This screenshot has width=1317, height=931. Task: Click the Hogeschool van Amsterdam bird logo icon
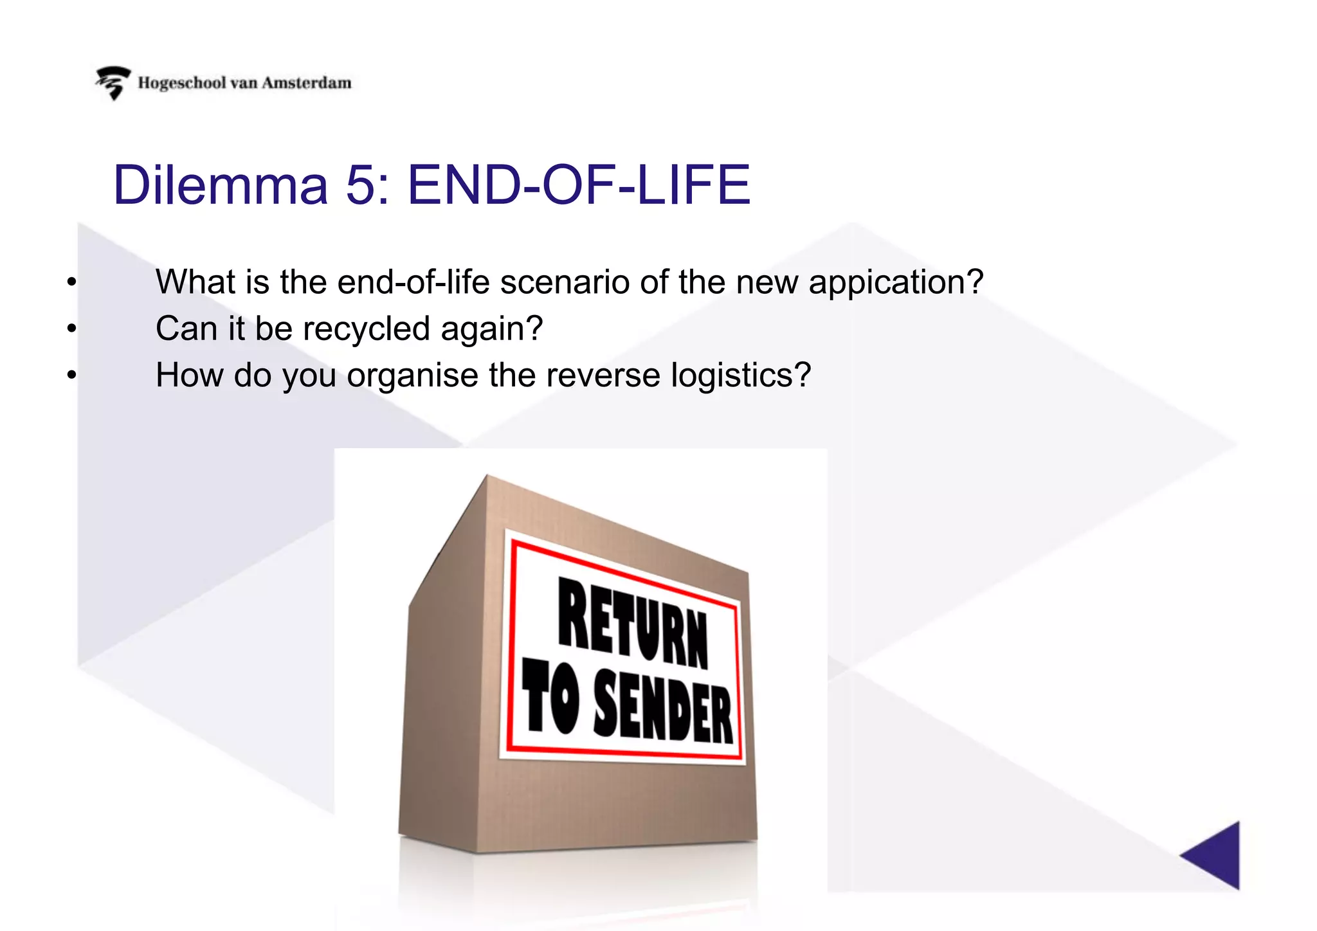113,83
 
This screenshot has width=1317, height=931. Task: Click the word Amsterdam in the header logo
307,83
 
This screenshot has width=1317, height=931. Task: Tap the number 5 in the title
361,185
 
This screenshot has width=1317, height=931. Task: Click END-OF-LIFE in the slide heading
579,185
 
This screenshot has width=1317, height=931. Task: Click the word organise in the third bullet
412,375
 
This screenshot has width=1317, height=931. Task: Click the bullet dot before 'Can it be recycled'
71,329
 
